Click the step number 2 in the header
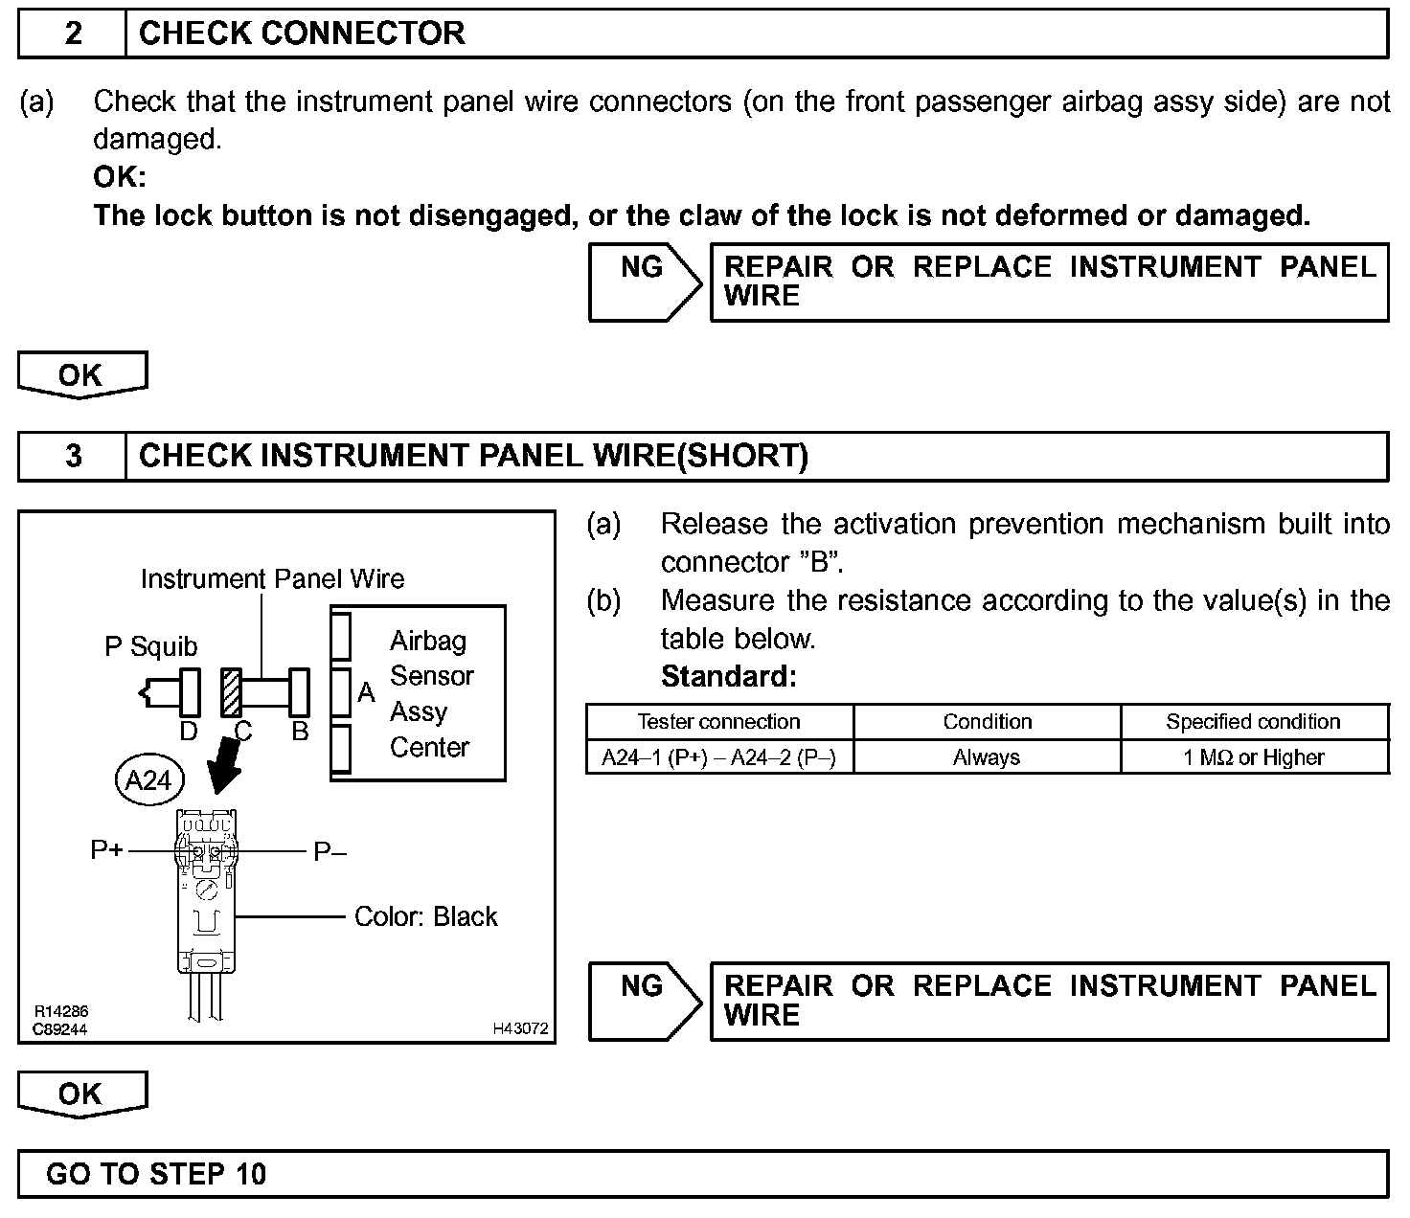[x=73, y=34]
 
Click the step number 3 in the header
[x=73, y=456]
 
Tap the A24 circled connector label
[x=148, y=779]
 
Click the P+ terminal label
[x=107, y=849]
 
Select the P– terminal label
[x=330, y=851]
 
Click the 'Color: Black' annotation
[x=425, y=916]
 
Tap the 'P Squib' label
[x=150, y=647]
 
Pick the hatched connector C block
[x=231, y=692]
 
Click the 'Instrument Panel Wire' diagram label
[x=272, y=578]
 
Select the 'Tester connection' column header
[x=718, y=722]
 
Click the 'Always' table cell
[x=987, y=757]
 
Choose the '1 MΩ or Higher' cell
[x=1253, y=757]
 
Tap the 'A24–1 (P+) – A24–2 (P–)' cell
[x=718, y=757]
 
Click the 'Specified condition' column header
[x=1253, y=722]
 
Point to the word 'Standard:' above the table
[x=728, y=677]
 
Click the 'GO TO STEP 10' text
[x=156, y=1174]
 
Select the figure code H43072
[x=520, y=1028]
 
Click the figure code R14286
[x=61, y=1012]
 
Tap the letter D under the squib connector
[x=189, y=732]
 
